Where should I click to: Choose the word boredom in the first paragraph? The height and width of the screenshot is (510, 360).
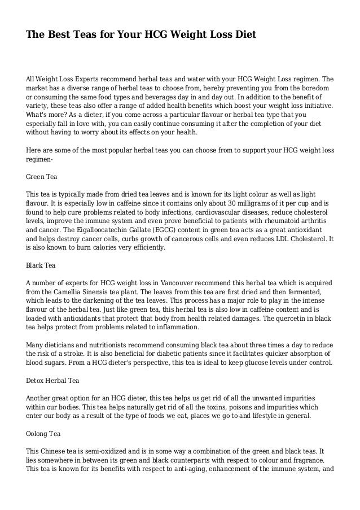pos(317,89)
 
